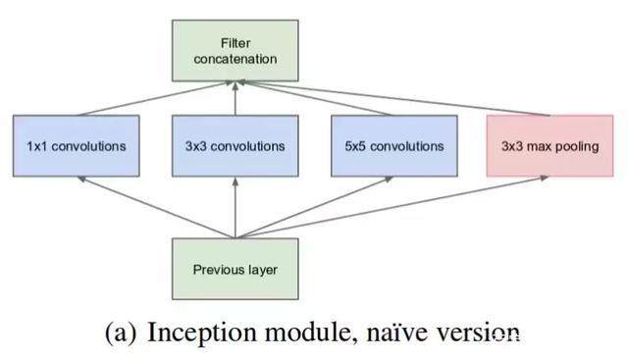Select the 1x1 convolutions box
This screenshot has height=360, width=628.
pyautogui.click(x=77, y=146)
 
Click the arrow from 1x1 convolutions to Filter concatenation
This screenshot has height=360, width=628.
pyautogui.click(x=157, y=99)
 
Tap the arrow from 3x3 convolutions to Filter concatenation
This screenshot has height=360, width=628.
pyautogui.click(x=235, y=98)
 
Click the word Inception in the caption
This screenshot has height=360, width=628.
pyautogui.click(x=192, y=334)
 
